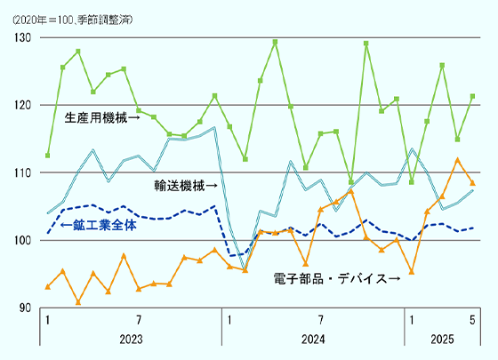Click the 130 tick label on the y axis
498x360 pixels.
22,37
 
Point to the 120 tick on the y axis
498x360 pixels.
22,105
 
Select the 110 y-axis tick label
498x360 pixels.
22,172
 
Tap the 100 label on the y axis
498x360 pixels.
22,240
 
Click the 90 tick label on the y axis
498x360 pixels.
25,308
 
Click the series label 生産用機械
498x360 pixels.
102,116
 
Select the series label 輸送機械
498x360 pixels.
185,186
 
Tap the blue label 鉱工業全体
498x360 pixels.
98,226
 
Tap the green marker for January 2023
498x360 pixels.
47,156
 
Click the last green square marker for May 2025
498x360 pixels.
472,96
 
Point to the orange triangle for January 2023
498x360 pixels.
47,286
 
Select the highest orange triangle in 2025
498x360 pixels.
457,160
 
